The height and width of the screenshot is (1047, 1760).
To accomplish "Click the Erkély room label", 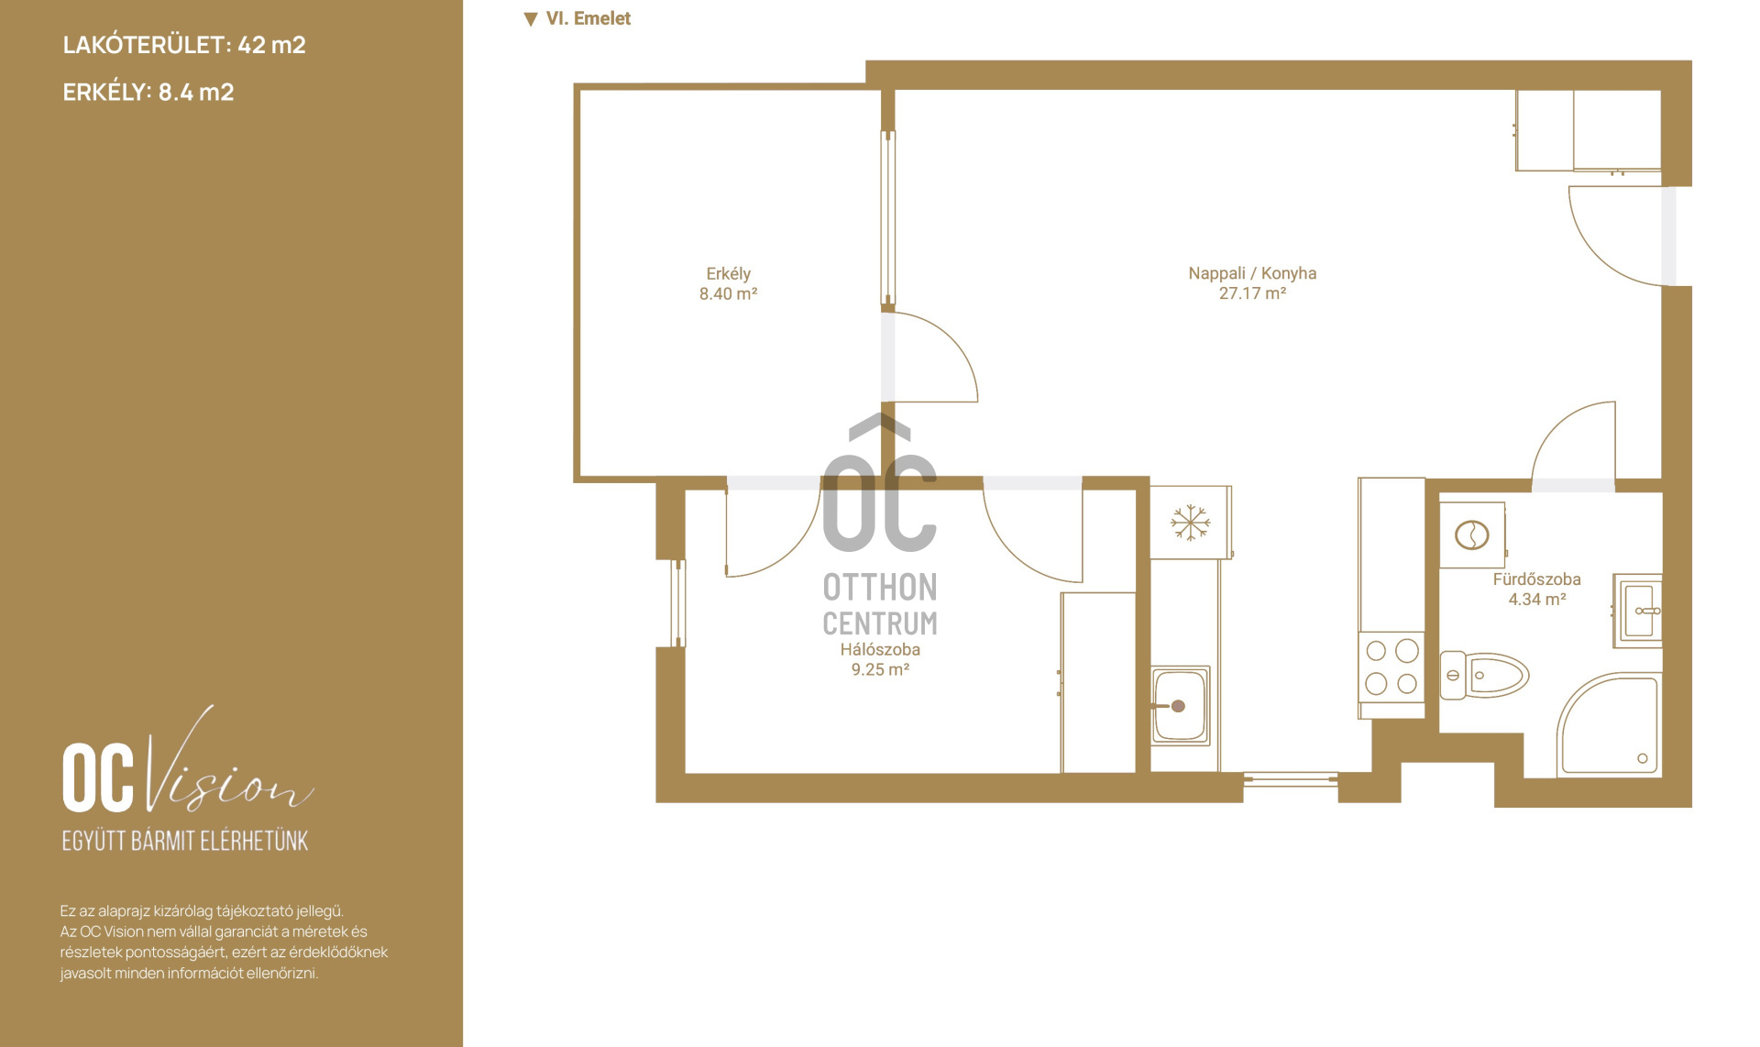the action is tap(728, 273).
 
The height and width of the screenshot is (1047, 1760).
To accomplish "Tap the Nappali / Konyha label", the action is tap(1252, 273).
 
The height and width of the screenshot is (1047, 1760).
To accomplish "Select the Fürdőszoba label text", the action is tap(1536, 579).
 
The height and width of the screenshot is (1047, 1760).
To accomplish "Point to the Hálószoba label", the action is tap(880, 649).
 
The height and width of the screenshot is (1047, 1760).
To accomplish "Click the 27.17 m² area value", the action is tap(1252, 293).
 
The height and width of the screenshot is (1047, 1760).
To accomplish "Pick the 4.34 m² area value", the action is tap(1537, 600).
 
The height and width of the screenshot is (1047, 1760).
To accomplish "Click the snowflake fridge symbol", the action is tap(1190, 523).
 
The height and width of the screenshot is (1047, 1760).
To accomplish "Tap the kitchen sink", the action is tap(1181, 705).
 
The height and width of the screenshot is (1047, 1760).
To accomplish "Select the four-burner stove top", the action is tap(1391, 667).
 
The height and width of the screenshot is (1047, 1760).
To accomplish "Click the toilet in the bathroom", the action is tap(1484, 676).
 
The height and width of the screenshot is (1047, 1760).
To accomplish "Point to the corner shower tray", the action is tap(1609, 725).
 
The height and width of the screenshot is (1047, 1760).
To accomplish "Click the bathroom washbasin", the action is tap(1639, 611).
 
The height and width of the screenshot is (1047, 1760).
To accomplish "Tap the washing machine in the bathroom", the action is tap(1472, 535).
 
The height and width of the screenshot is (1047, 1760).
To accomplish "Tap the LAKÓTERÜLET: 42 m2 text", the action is tap(184, 45).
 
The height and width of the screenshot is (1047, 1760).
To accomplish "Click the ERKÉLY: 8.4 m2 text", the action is tap(148, 92).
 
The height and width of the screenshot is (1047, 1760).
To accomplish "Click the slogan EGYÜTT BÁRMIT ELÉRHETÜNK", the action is tap(185, 841).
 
